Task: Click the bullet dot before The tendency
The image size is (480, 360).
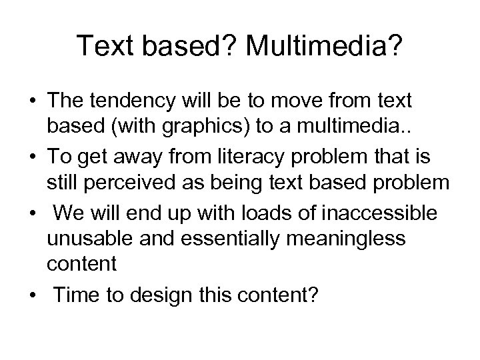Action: pos(31,101)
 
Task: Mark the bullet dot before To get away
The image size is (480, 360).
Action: pos(31,156)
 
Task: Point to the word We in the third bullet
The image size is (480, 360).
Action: pos(68,213)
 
